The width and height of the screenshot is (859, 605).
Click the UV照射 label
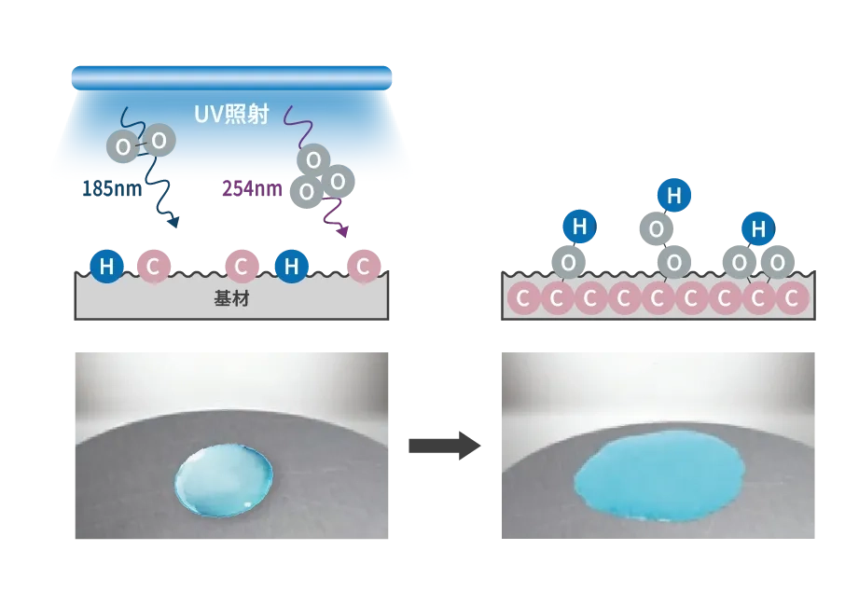point(231,115)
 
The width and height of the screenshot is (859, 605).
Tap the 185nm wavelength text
point(112,189)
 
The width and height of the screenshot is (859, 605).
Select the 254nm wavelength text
point(252,189)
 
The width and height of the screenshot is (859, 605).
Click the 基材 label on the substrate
point(231,299)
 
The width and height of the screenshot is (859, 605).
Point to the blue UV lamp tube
point(231,77)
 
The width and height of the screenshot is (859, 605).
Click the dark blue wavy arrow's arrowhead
point(173,222)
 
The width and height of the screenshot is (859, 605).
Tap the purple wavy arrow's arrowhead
point(342,231)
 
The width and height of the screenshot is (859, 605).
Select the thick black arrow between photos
point(444,446)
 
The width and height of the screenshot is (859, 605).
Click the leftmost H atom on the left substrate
point(107,267)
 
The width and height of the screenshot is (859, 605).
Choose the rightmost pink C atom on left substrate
point(364,267)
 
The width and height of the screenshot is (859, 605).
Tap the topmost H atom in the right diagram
point(673,195)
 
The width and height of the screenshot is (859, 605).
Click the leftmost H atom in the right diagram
point(579,227)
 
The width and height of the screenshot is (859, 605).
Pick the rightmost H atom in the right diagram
point(759,229)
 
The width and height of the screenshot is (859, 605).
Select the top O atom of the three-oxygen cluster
point(313,160)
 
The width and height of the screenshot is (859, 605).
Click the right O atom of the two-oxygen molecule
point(159,141)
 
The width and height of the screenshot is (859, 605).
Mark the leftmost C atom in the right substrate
point(522,299)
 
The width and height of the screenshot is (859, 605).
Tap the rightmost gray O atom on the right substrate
point(778,263)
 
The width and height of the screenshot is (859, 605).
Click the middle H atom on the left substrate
point(291,267)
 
